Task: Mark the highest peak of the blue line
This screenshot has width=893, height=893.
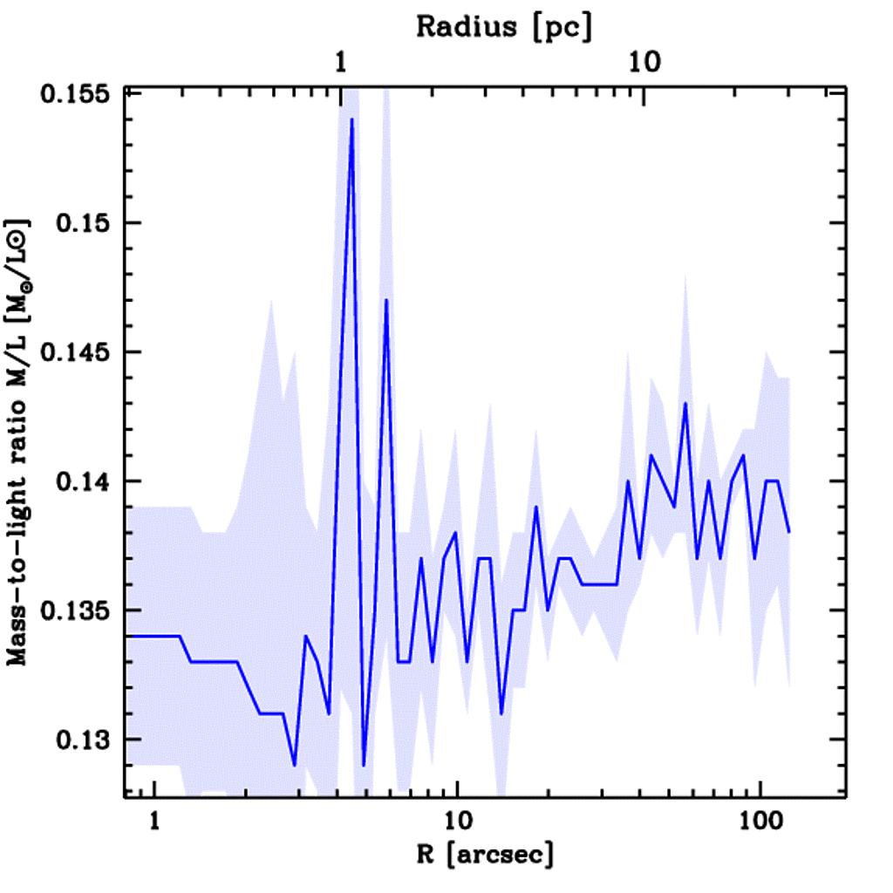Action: point(351,119)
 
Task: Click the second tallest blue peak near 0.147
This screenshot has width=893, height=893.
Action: point(385,300)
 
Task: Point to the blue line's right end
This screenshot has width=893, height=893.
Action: point(789,531)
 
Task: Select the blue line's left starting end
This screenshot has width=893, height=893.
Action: point(127,636)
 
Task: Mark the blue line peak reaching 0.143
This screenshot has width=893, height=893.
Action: point(685,404)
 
